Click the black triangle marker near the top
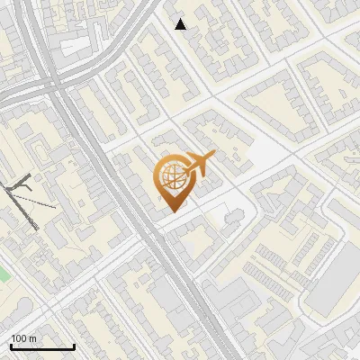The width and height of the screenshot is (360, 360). click(x=181, y=24)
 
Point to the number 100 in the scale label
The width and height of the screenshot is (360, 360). click(x=19, y=338)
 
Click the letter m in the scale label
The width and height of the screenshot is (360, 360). click(x=33, y=338)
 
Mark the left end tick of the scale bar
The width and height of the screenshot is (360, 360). click(x=10, y=346)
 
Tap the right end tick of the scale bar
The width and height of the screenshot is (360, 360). click(x=75, y=346)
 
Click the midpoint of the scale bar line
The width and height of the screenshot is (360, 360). click(x=42, y=347)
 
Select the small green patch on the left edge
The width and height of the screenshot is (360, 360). click(x=3, y=272)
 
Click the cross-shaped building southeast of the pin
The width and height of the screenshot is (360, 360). click(x=233, y=217)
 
